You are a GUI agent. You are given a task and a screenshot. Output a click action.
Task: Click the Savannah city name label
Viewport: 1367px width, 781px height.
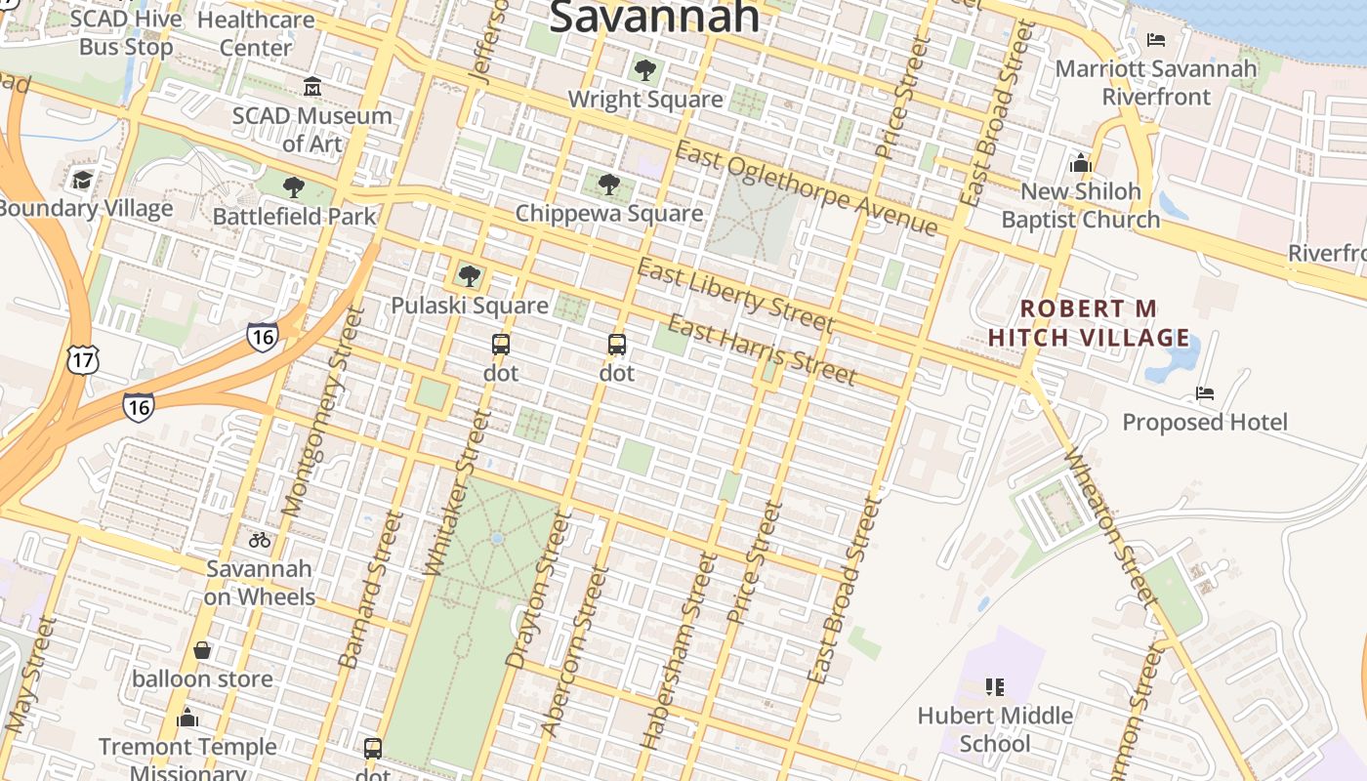point(654,16)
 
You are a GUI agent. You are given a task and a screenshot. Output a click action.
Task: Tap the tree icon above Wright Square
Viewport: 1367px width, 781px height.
point(644,70)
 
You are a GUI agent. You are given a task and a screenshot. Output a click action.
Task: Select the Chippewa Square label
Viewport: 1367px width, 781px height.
point(608,214)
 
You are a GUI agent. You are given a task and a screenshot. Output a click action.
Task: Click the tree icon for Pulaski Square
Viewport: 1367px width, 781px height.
point(470,276)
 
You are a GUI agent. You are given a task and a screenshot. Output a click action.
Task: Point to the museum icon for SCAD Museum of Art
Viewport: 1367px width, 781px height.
point(312,87)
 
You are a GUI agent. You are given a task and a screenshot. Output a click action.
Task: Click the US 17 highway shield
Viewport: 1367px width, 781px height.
point(83,359)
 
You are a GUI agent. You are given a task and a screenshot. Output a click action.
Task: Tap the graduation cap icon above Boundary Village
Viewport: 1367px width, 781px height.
point(82,180)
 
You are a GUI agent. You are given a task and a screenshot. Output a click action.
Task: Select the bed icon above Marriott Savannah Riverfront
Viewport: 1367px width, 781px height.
point(1156,40)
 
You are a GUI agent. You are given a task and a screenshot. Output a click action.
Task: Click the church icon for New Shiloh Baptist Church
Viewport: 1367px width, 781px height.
point(1081,162)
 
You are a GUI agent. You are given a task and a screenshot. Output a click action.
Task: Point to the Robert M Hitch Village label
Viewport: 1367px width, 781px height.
point(1089,323)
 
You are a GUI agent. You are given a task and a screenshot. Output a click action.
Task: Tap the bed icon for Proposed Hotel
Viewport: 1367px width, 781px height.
point(1205,393)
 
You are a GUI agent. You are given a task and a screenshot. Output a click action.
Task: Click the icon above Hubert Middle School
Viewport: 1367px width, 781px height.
point(995,687)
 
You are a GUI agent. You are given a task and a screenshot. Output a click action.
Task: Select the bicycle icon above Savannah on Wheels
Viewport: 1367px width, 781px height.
point(260,539)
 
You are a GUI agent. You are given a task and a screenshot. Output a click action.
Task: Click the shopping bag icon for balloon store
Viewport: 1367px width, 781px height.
point(202,650)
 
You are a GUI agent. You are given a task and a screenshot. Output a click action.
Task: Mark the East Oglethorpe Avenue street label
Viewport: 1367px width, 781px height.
point(806,188)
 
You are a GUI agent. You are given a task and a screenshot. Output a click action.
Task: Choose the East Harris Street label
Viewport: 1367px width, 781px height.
point(763,349)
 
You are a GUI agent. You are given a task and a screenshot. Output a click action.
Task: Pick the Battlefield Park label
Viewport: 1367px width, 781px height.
point(294,216)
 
